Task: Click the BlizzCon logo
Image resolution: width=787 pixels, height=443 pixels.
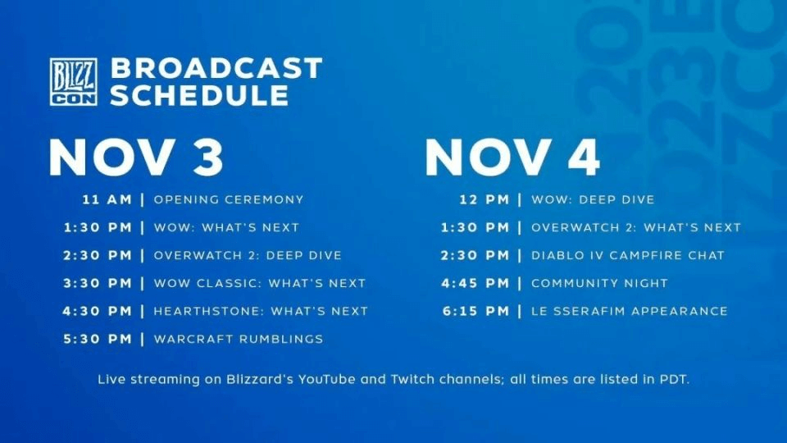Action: (x=73, y=81)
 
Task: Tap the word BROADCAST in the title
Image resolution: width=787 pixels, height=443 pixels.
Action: (x=216, y=68)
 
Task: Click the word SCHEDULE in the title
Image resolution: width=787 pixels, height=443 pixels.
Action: (x=200, y=95)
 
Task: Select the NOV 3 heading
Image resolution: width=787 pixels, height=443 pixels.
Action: (x=136, y=158)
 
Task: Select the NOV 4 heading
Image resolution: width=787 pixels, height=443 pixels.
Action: (x=512, y=158)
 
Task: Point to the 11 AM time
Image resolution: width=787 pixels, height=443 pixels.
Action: (x=107, y=199)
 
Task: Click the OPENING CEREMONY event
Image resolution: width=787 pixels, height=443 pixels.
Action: (x=229, y=199)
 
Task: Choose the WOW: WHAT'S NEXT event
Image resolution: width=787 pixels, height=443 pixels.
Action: (x=226, y=227)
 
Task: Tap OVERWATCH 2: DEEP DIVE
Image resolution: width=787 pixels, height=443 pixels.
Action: (x=248, y=255)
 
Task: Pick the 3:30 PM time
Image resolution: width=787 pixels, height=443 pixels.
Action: (x=98, y=283)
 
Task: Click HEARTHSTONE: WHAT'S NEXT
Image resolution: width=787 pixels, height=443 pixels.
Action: (x=261, y=311)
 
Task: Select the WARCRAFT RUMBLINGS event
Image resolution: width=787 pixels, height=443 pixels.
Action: (x=239, y=339)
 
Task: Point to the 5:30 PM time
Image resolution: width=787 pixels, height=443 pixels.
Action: (x=98, y=339)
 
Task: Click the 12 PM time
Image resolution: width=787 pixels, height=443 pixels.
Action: (x=484, y=199)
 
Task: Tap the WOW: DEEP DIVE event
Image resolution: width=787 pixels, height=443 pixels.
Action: (x=594, y=199)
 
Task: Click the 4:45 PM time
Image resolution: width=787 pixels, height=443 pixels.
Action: (x=475, y=283)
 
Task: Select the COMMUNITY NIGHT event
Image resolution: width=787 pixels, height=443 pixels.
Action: (x=600, y=283)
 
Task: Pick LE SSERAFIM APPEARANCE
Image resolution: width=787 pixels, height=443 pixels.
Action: (x=630, y=311)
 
